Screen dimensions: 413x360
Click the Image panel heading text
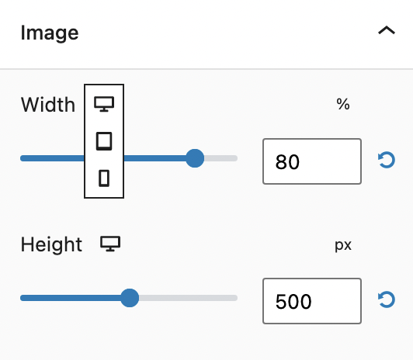[50, 33]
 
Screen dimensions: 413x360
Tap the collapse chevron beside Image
[387, 30]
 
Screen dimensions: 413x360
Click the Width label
[48, 105]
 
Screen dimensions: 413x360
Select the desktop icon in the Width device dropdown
[104, 104]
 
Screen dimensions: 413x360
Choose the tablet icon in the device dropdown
[104, 141]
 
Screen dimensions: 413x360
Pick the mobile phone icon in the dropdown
[104, 178]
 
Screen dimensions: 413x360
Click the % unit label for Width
[343, 104]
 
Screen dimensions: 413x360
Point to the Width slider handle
[195, 158]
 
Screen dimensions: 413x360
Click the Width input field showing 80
[312, 161]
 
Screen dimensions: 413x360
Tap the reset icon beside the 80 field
[387, 160]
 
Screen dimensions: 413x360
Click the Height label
[51, 244]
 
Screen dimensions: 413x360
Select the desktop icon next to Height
[110, 244]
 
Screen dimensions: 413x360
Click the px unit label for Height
[343, 245]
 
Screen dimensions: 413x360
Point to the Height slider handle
[130, 298]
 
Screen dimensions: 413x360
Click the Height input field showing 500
[312, 301]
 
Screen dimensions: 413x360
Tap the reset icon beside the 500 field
[387, 299]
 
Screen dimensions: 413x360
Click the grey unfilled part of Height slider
[188, 298]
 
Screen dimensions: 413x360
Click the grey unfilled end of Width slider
[220, 158]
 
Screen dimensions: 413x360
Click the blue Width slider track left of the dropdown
[52, 158]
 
